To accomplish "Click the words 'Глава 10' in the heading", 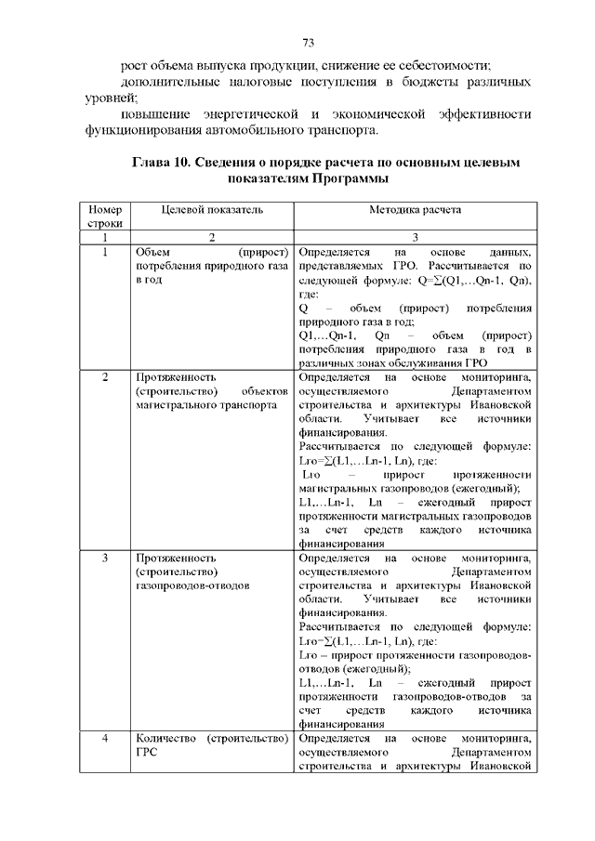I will point(161,163).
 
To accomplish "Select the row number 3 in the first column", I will point(105,558).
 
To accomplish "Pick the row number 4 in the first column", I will point(105,739).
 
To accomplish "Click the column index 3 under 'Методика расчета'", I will point(416,238).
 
